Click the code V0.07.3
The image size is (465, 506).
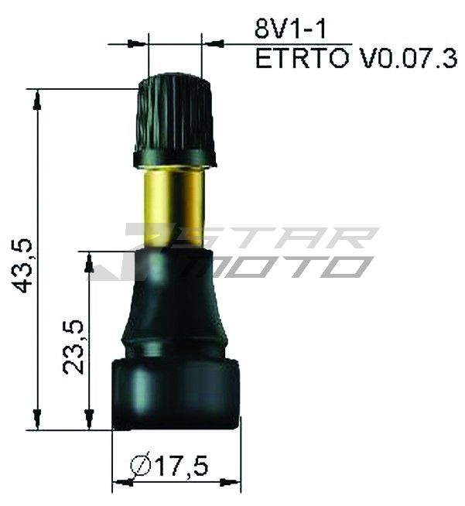coord(408,60)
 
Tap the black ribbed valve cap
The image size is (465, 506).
coord(175,116)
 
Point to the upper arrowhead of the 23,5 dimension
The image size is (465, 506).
coord(90,260)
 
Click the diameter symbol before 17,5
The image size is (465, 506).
coord(142,466)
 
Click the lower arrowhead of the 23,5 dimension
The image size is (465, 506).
coord(90,422)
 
